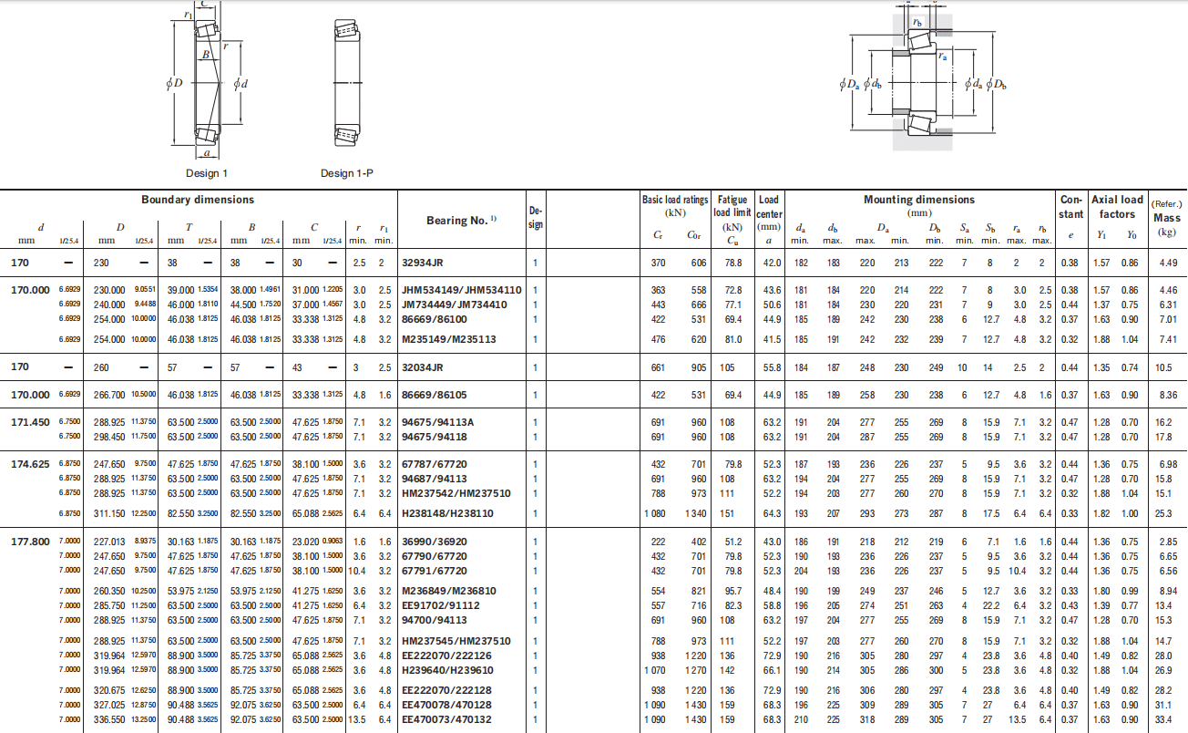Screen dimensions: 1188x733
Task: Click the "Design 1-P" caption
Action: (x=347, y=173)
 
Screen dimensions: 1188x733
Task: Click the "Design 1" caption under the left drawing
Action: (x=206, y=173)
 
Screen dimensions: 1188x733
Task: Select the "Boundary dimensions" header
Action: (x=198, y=200)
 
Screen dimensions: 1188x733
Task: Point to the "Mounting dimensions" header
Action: (x=919, y=200)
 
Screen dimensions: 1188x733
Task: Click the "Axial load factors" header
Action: (x=1117, y=207)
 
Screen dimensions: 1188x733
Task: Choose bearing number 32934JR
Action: (x=422, y=263)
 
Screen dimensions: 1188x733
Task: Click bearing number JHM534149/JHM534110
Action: (x=461, y=290)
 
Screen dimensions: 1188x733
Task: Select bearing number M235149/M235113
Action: (x=448, y=339)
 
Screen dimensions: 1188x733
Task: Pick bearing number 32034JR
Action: (x=422, y=367)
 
